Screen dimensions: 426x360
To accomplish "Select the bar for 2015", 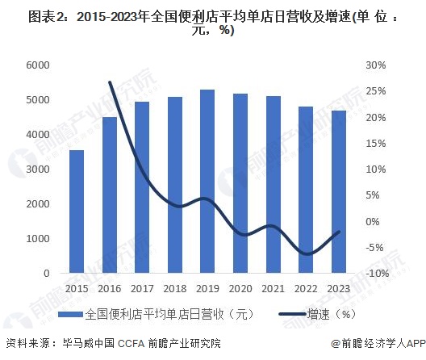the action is coord(77,211).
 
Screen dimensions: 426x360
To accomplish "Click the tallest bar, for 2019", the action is coord(207,182).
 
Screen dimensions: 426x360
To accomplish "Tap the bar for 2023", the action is coord(339,191).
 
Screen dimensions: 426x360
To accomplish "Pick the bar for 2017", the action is coord(142,187).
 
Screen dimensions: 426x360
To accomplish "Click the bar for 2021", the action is coord(274,185).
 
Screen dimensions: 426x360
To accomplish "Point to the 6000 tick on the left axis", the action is coord(38,65).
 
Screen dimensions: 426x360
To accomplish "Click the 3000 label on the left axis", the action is coord(38,170).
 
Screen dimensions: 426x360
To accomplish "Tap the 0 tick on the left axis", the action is coord(47,274).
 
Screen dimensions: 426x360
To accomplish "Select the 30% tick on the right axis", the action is coord(376,65).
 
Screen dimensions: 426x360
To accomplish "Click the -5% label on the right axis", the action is coord(374,248).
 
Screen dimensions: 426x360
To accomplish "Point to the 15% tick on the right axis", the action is coord(376,144).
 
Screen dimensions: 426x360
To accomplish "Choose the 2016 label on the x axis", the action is coord(110,288).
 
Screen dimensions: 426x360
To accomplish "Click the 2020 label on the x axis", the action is coord(240,288).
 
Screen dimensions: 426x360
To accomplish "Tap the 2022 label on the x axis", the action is coord(306,288).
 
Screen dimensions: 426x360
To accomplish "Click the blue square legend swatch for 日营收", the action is coord(70,314).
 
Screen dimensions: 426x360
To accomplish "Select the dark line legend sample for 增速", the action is coord(292,314).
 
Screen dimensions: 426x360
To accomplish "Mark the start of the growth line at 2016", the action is coord(110,82).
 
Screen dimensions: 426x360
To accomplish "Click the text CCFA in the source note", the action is coord(131,343).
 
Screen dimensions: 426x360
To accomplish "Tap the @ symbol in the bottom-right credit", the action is coord(336,343).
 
